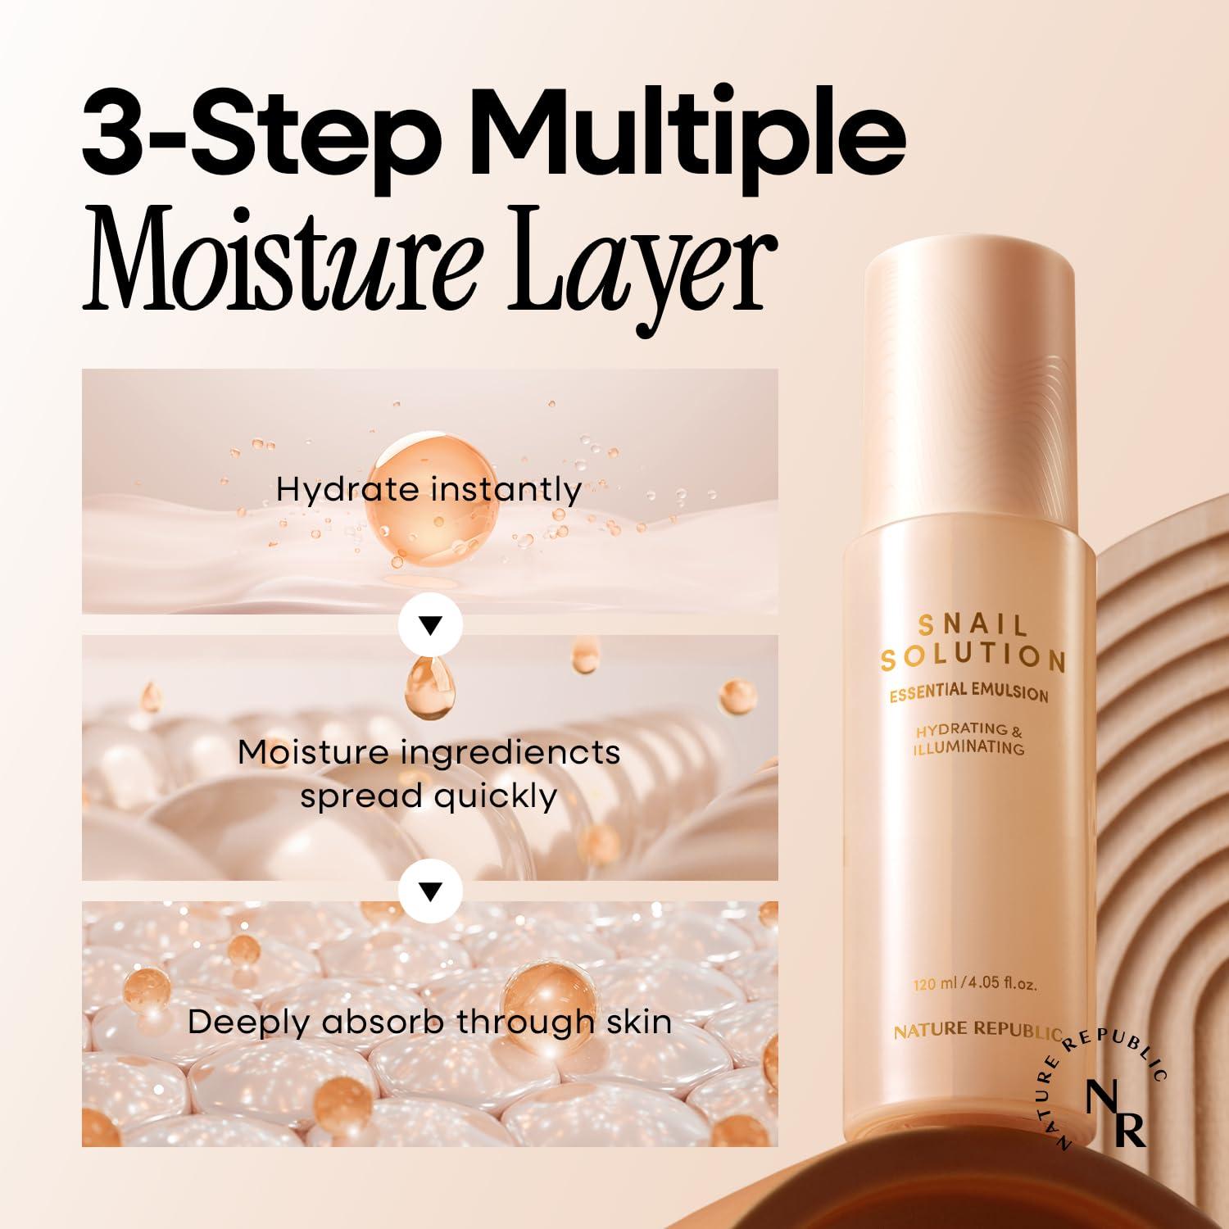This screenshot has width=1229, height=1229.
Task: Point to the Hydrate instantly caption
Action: pyautogui.click(x=429, y=489)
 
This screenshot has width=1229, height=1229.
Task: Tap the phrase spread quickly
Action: pyautogui.click(x=429, y=796)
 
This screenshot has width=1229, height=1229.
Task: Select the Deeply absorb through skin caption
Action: pyautogui.click(x=429, y=1022)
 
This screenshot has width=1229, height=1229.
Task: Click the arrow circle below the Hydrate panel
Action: pyautogui.click(x=430, y=625)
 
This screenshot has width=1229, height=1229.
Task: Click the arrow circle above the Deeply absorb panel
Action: pyautogui.click(x=430, y=891)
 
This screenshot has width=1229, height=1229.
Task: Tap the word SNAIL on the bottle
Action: pyautogui.click(x=973, y=626)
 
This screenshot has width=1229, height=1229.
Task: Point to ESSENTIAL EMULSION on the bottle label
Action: pyautogui.click(x=969, y=692)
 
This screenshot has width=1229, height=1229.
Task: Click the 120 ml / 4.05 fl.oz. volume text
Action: pyautogui.click(x=975, y=984)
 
